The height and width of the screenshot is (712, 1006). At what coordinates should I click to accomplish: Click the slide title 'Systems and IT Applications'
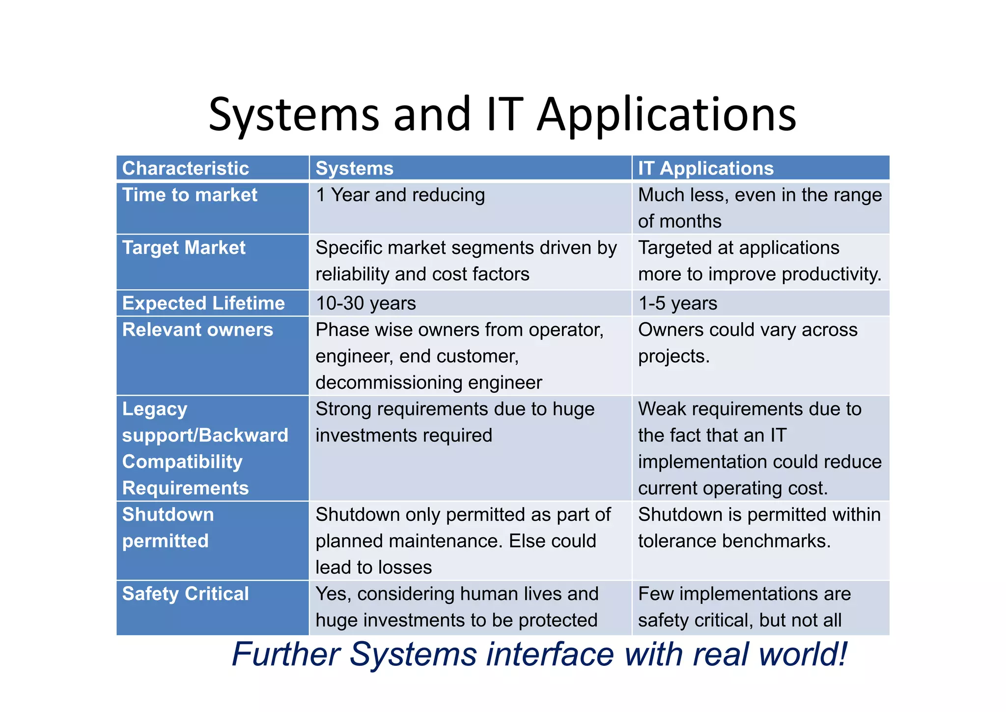click(502, 114)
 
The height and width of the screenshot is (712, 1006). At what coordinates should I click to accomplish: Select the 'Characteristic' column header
click(186, 168)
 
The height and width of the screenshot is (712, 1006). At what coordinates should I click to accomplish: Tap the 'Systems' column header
click(354, 168)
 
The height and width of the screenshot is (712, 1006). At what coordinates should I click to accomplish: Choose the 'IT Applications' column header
click(705, 168)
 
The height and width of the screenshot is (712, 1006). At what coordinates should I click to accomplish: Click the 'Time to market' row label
click(190, 195)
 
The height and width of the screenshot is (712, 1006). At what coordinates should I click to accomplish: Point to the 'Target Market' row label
click(184, 248)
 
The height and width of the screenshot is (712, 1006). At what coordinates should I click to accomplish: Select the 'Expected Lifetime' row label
click(203, 303)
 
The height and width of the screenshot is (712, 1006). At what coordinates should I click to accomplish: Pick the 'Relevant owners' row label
click(197, 330)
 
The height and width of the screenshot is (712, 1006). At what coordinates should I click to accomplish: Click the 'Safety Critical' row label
click(186, 594)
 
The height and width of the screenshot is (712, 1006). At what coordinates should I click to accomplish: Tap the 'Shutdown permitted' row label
click(168, 528)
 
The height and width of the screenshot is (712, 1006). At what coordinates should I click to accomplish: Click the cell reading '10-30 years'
click(365, 303)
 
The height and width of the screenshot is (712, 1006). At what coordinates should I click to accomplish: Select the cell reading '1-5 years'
click(677, 303)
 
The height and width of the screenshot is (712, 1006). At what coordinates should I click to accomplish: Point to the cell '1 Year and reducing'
click(400, 195)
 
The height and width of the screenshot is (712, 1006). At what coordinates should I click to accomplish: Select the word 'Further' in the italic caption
click(286, 654)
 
